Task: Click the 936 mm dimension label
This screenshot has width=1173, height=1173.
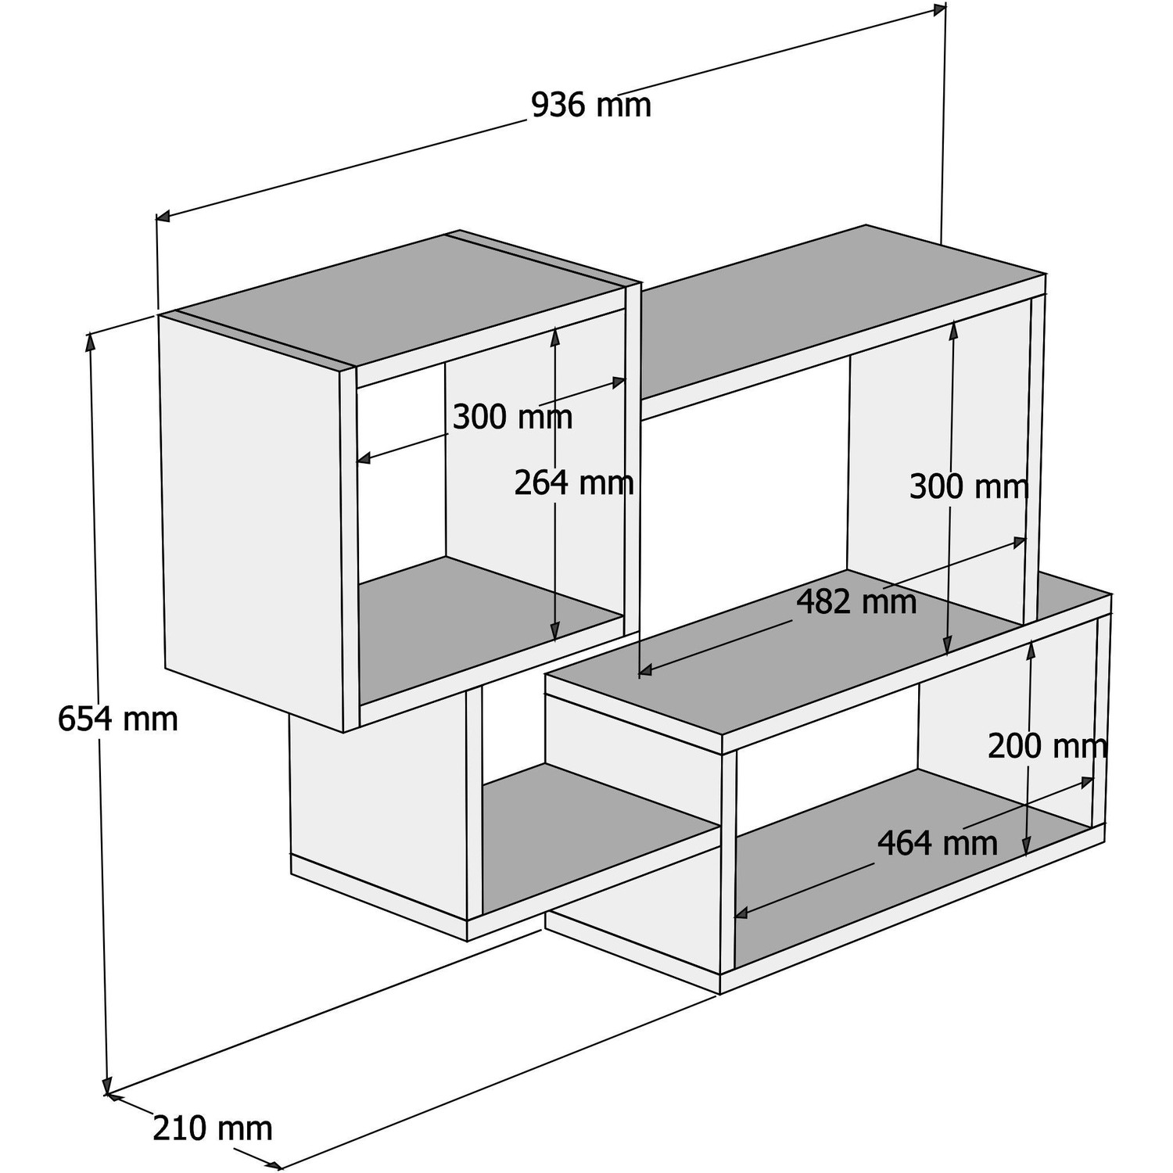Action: click(590, 106)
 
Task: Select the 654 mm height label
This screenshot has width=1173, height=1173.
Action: click(118, 719)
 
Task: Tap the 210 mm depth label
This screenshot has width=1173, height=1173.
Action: click(213, 1128)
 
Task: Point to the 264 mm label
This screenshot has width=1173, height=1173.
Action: click(573, 482)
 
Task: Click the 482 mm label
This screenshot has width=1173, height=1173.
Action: click(856, 601)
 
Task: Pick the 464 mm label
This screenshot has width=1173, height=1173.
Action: click(938, 843)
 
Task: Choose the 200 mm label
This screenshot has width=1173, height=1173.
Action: click(1047, 746)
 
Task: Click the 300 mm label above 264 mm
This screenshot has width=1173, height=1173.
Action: click(512, 417)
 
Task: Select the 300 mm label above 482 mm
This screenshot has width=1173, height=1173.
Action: click(969, 486)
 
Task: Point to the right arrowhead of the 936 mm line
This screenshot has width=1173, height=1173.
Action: click(938, 9)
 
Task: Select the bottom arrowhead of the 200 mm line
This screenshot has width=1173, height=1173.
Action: click(1028, 846)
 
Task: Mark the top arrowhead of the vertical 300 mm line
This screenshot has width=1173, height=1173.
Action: click(954, 331)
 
